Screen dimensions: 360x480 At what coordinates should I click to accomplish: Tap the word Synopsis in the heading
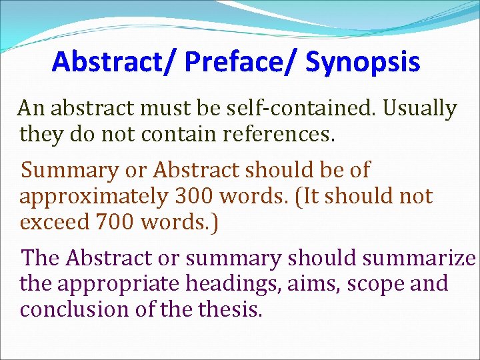coord(363,62)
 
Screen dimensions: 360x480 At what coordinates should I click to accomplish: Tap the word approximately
coord(93,197)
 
